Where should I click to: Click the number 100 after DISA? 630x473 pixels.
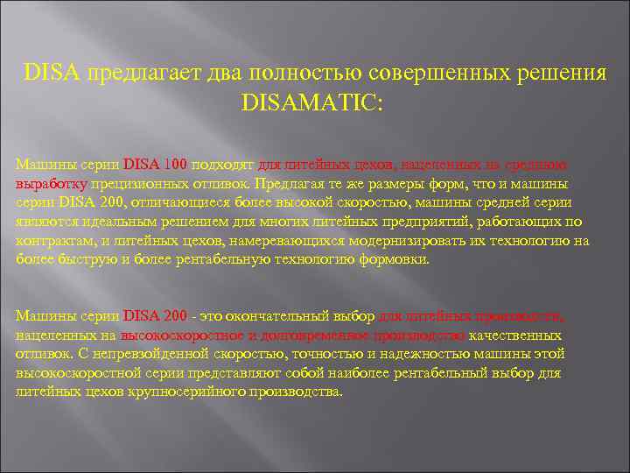pyautogui.click(x=178, y=163)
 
